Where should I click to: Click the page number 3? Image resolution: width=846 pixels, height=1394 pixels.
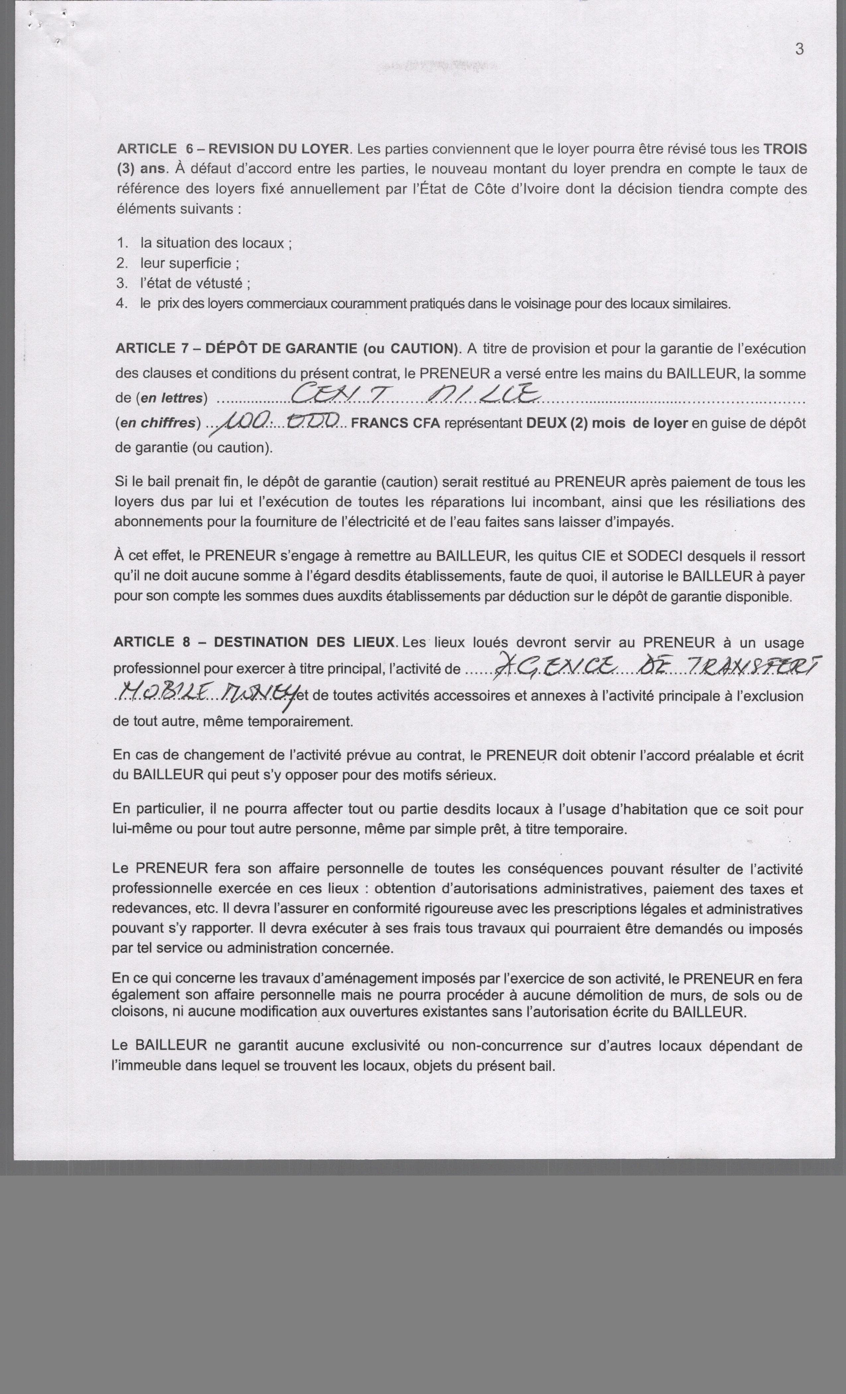click(x=799, y=49)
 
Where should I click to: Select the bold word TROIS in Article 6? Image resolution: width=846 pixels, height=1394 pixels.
click(x=785, y=149)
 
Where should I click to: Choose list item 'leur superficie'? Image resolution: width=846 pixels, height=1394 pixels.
click(x=189, y=263)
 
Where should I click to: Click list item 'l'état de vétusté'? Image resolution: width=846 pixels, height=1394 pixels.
click(x=195, y=283)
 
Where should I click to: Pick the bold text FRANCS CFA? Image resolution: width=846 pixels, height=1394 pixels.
click(x=395, y=424)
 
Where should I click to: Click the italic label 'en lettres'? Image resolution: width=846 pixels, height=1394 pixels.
click(x=171, y=398)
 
